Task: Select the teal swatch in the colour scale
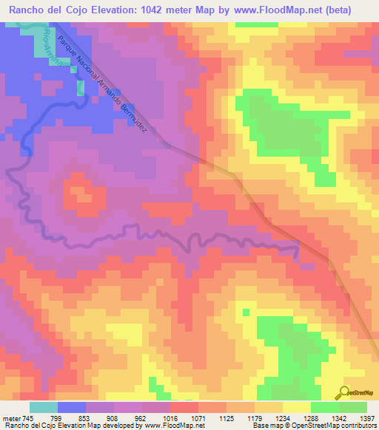tap(43, 407)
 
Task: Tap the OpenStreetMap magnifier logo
tap(343, 392)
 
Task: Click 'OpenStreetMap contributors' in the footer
tap(338, 425)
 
